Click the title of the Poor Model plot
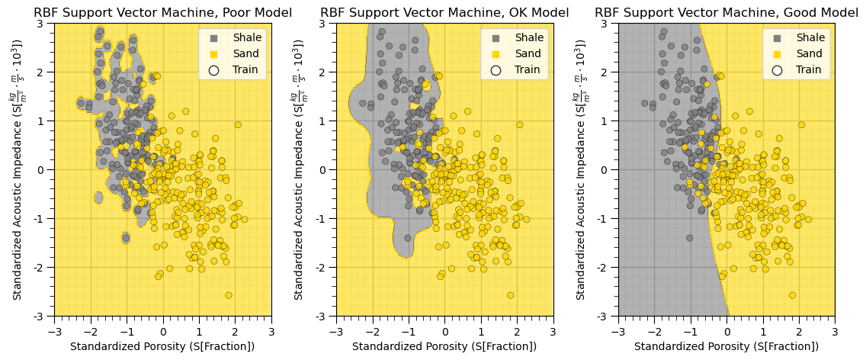pyautogui.click(x=162, y=13)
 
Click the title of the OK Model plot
pyautogui.click(x=444, y=13)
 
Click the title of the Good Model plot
pyautogui.click(x=726, y=13)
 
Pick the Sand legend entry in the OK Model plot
pyautogui.click(x=528, y=53)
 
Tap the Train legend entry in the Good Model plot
pyautogui.click(x=810, y=69)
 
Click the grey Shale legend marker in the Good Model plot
pyautogui.click(x=778, y=37)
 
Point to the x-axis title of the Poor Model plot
pyautogui.click(x=162, y=346)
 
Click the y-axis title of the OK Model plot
pyautogui.click(x=300, y=169)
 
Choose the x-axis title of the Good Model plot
pyautogui.click(x=726, y=346)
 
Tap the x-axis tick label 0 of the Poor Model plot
pyautogui.click(x=162, y=331)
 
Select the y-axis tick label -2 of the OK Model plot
pyautogui.click(x=324, y=267)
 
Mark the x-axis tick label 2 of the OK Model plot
pyautogui.click(x=517, y=331)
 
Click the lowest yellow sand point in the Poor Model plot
pyautogui.click(x=228, y=295)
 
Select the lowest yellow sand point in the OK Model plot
pyautogui.click(x=510, y=295)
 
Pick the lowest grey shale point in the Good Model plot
pyautogui.click(x=689, y=238)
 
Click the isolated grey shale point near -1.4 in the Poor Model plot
pyautogui.click(x=126, y=238)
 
